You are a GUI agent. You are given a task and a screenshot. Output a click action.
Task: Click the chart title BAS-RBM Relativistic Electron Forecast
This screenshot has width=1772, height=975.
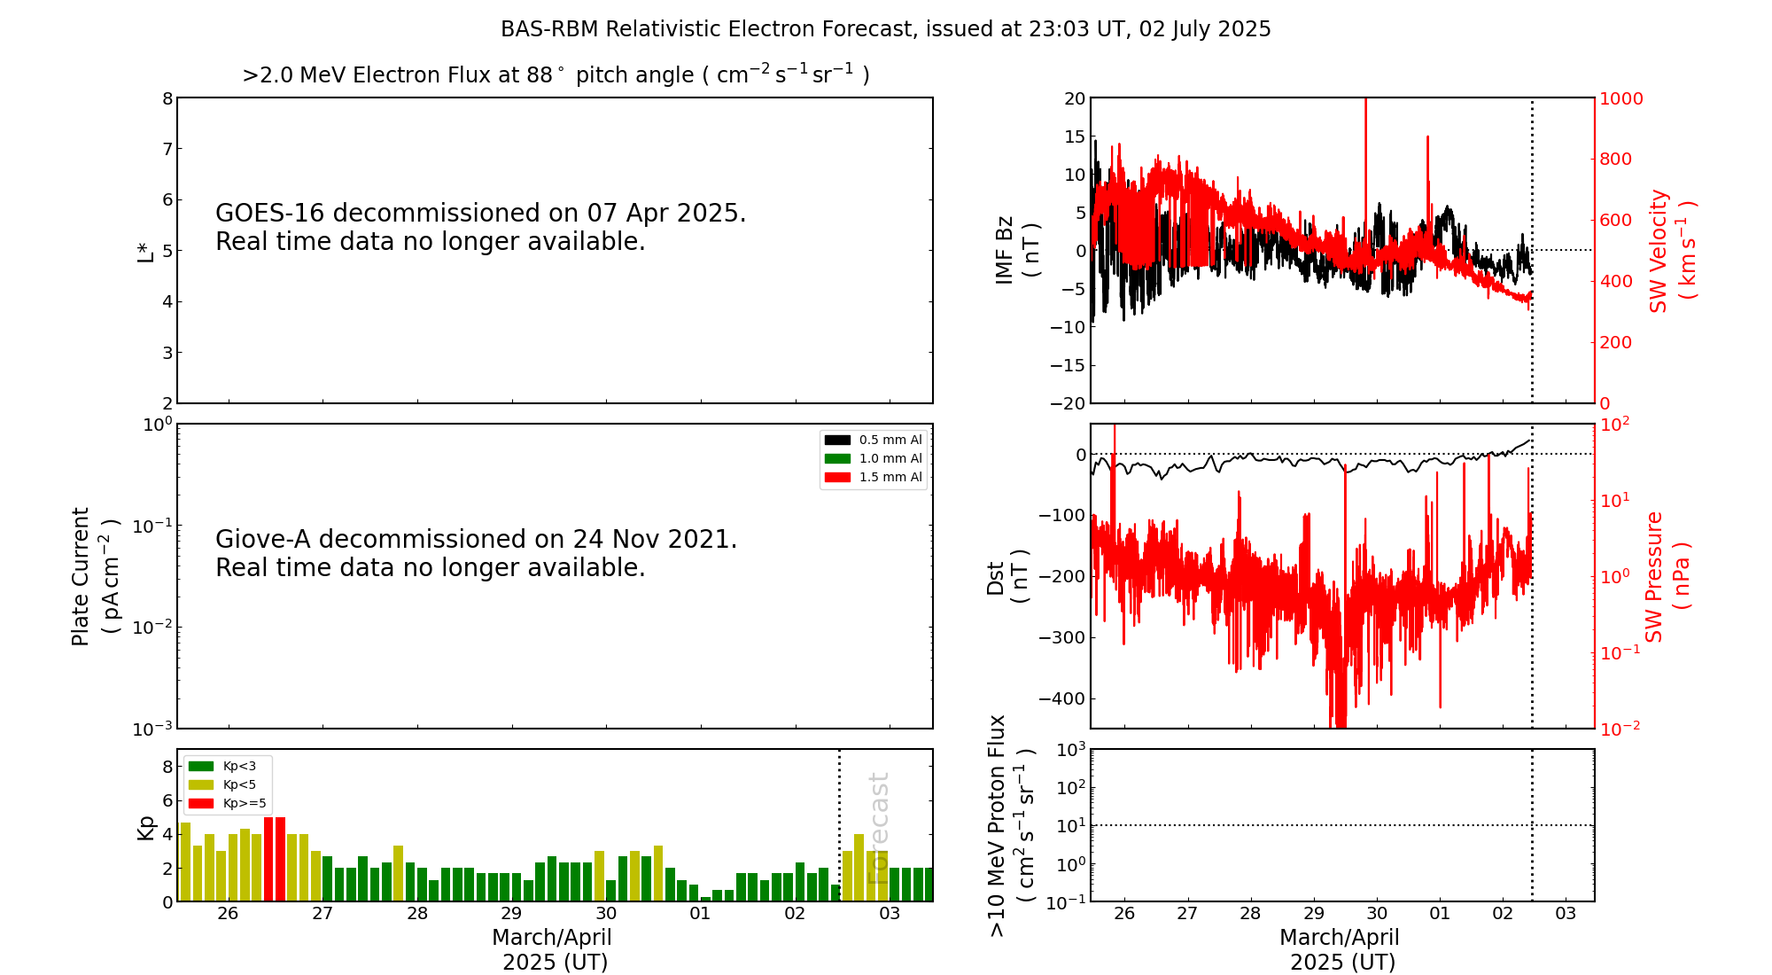(885, 29)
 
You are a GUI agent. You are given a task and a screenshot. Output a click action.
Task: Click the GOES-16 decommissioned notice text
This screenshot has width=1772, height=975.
(480, 227)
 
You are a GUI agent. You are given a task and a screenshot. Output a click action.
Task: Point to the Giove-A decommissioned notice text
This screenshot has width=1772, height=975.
(476, 553)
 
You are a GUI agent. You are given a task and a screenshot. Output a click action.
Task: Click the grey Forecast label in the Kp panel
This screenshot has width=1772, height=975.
(878, 828)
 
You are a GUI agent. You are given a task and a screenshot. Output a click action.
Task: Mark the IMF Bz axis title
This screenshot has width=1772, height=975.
(1016, 250)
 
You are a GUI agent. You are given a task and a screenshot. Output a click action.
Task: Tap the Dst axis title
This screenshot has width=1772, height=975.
(1006, 576)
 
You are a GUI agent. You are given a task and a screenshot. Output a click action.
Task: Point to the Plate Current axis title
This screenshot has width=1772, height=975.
(93, 576)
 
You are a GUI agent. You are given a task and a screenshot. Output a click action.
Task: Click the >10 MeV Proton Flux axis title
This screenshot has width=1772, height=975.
(1011, 825)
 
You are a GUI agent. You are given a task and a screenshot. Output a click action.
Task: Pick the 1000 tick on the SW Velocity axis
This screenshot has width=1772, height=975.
(1620, 98)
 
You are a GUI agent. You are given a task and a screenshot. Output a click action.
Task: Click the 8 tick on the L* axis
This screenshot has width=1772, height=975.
(167, 98)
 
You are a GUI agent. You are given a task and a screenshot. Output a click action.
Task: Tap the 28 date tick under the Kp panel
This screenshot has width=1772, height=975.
(417, 914)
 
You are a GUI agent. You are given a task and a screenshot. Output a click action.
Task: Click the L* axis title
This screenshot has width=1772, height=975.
(145, 251)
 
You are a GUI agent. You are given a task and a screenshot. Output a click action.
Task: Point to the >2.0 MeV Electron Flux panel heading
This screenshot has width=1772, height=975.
(556, 74)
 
